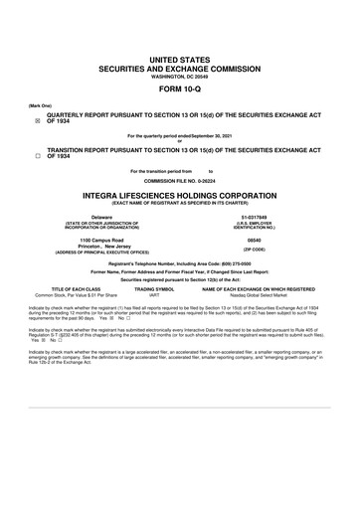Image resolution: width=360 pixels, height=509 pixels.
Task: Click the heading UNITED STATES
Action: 180,62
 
